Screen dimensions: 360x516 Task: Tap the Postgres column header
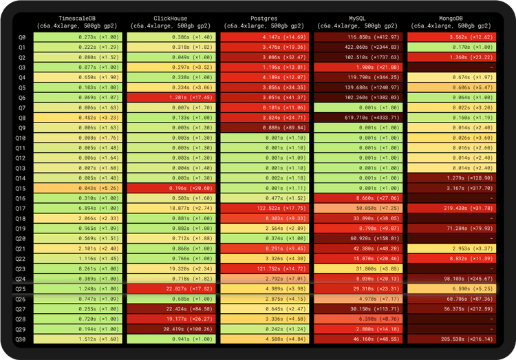click(264, 21)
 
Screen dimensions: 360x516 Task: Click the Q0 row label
click(21, 36)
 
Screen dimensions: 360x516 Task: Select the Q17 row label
click(21, 208)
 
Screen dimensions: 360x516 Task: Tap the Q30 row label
click(21, 339)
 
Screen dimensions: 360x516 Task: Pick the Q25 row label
click(21, 288)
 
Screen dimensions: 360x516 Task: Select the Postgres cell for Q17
click(264, 208)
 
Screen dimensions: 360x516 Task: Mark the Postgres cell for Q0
click(264, 36)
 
